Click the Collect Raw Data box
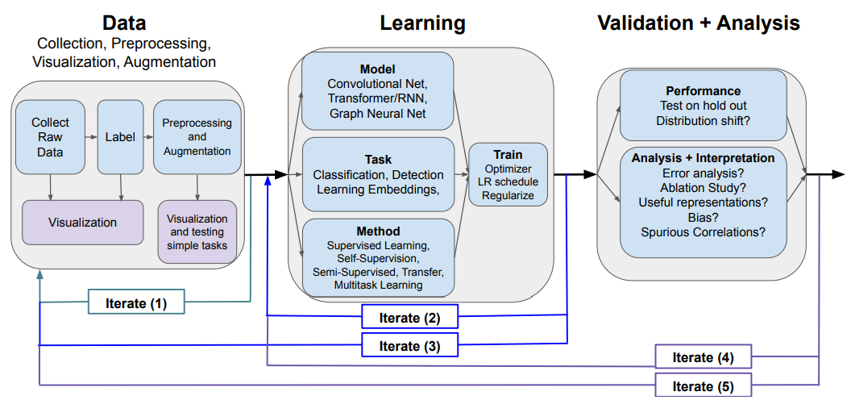tap(50, 136)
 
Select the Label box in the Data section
tap(120, 136)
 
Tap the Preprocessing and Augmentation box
tap(197, 136)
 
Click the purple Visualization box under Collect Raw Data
tap(82, 222)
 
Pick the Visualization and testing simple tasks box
tap(197, 231)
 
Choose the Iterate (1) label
tap(136, 303)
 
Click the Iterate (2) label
tap(409, 318)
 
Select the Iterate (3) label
tap(409, 345)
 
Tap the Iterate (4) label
tap(704, 356)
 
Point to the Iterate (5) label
tap(704, 385)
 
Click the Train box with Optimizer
tap(508, 174)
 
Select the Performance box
tap(704, 105)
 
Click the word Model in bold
tap(377, 69)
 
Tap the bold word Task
tap(377, 159)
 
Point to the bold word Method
tap(377, 231)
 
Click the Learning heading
tap(422, 23)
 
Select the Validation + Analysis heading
tap(698, 23)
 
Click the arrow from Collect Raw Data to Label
tap(90, 136)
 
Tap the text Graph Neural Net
tap(377, 114)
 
